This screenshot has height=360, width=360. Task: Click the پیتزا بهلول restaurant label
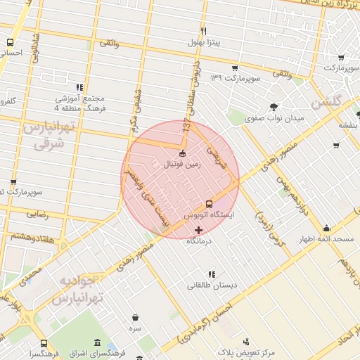(x=204, y=43)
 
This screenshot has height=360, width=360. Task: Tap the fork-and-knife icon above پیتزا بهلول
(x=203, y=31)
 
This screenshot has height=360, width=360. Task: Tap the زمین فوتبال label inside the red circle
(x=182, y=165)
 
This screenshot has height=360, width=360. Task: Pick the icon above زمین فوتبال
(x=183, y=153)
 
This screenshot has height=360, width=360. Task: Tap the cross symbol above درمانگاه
(x=198, y=230)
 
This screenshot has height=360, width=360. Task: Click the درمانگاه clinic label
(x=199, y=241)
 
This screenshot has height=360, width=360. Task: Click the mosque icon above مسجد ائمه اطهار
(x=326, y=229)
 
